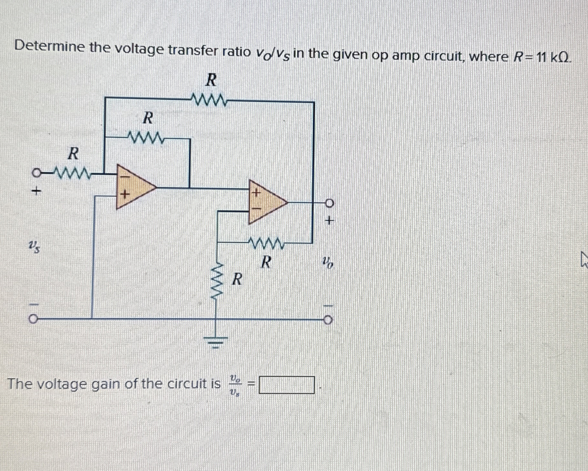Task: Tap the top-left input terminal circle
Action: (36, 174)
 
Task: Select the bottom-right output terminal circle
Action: (328, 321)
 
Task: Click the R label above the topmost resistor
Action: (211, 80)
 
